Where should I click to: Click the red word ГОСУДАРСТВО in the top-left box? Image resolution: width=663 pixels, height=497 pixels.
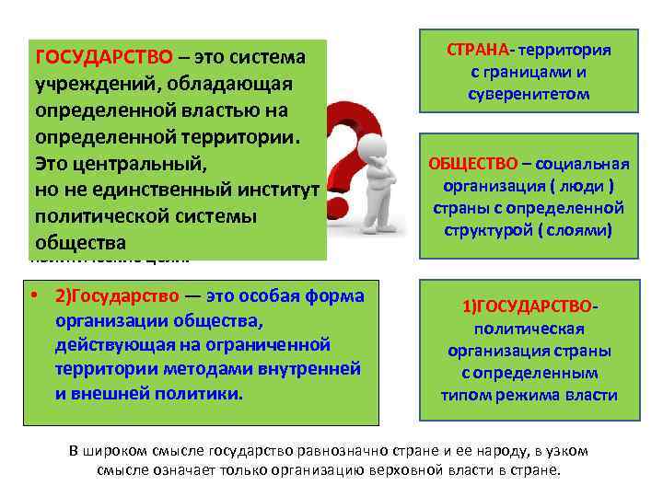(x=103, y=57)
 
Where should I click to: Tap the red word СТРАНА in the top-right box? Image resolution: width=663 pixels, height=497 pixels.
(x=480, y=50)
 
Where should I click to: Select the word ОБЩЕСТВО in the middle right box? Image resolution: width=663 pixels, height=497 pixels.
(x=472, y=164)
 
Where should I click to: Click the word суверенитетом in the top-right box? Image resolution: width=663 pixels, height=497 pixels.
(x=529, y=94)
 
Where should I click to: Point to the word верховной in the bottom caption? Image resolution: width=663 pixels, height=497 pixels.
(x=426, y=469)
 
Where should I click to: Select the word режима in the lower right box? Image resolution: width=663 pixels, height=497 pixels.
(x=541, y=395)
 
